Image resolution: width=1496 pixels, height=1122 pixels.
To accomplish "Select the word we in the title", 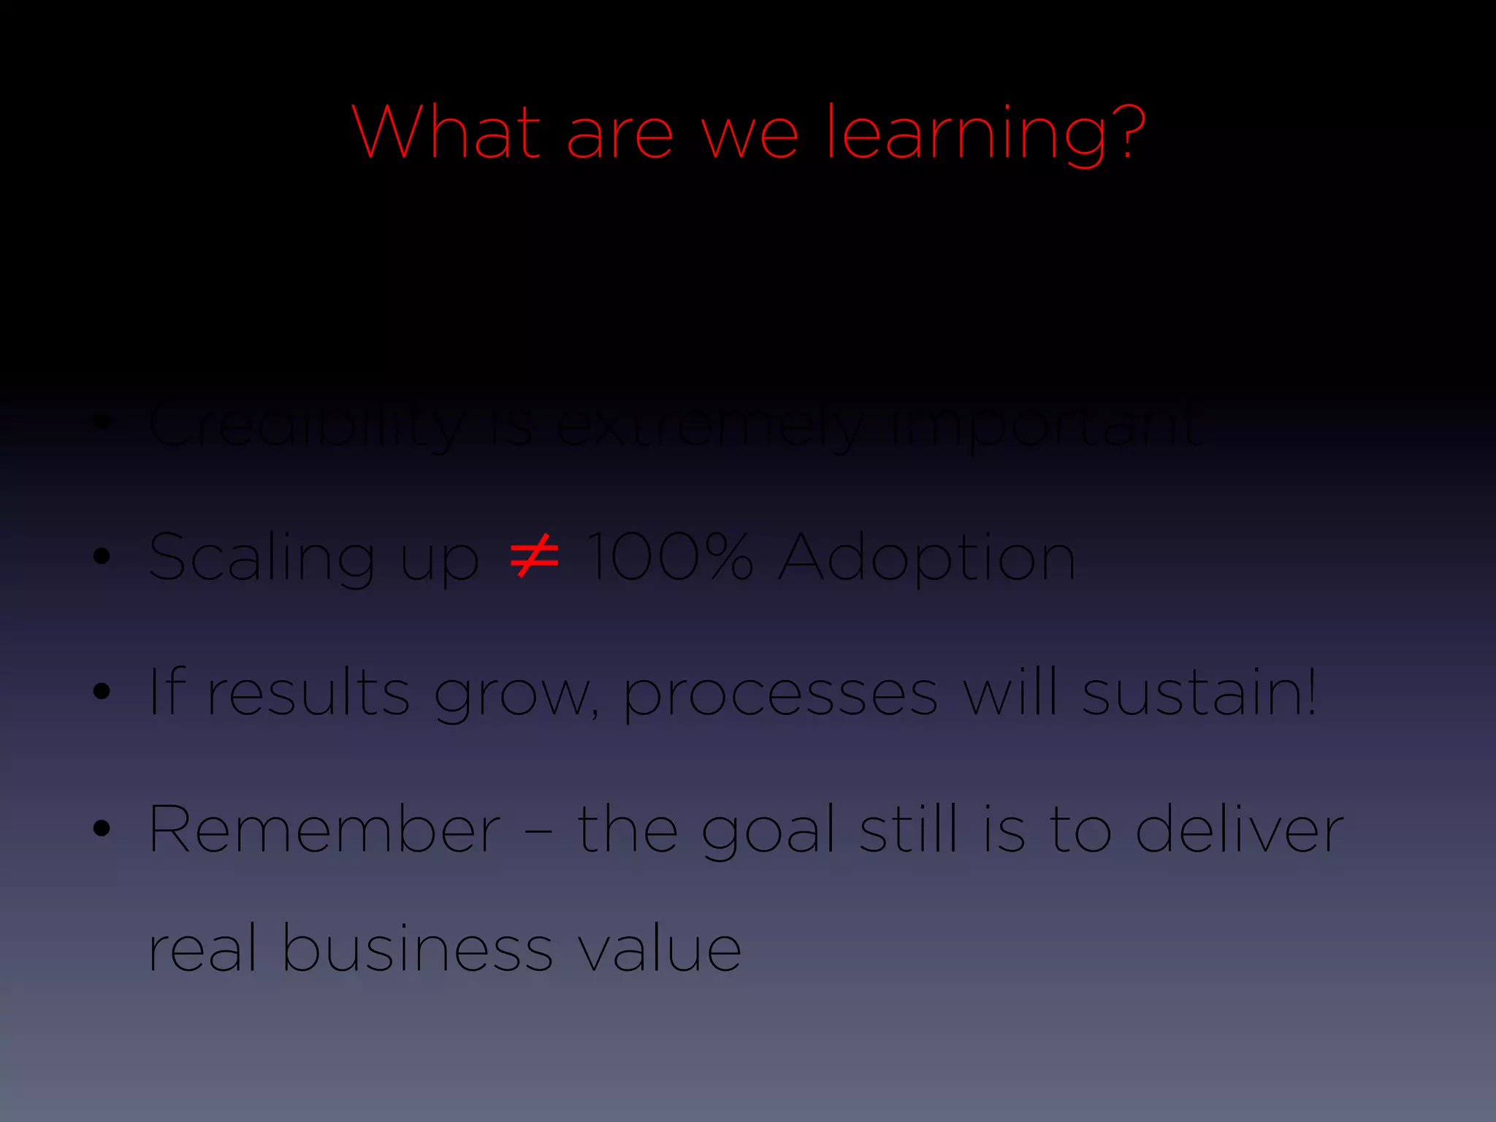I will click(749, 134).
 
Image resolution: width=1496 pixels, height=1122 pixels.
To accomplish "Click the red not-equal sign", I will click(534, 556).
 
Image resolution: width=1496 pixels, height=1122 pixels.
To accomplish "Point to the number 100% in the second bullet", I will click(669, 557).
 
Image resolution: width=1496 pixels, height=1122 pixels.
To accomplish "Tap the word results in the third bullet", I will click(308, 692).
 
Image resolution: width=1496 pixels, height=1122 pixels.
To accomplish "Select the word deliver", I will click(1240, 829).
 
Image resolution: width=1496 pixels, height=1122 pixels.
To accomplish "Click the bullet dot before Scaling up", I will click(102, 557).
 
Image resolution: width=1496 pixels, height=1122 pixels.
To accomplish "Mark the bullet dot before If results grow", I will click(102, 692).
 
